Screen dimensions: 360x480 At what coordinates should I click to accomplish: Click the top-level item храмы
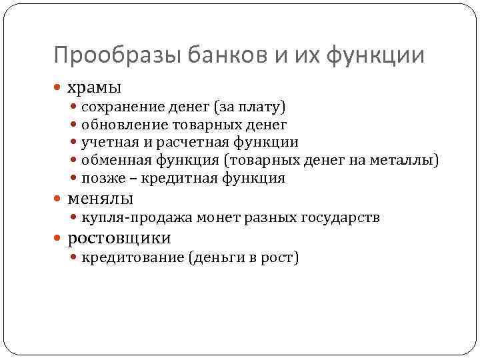[94, 87]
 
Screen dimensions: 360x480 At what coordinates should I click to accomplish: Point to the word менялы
[100, 198]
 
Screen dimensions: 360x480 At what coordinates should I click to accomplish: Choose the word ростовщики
[119, 237]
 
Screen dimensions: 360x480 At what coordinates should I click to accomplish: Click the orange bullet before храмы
[59, 87]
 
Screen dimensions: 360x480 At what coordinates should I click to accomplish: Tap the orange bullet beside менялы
[59, 199]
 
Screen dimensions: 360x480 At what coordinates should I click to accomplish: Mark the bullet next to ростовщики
[59, 238]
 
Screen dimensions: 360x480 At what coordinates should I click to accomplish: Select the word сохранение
[116, 106]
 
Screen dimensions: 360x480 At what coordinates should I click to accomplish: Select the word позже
[99, 178]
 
